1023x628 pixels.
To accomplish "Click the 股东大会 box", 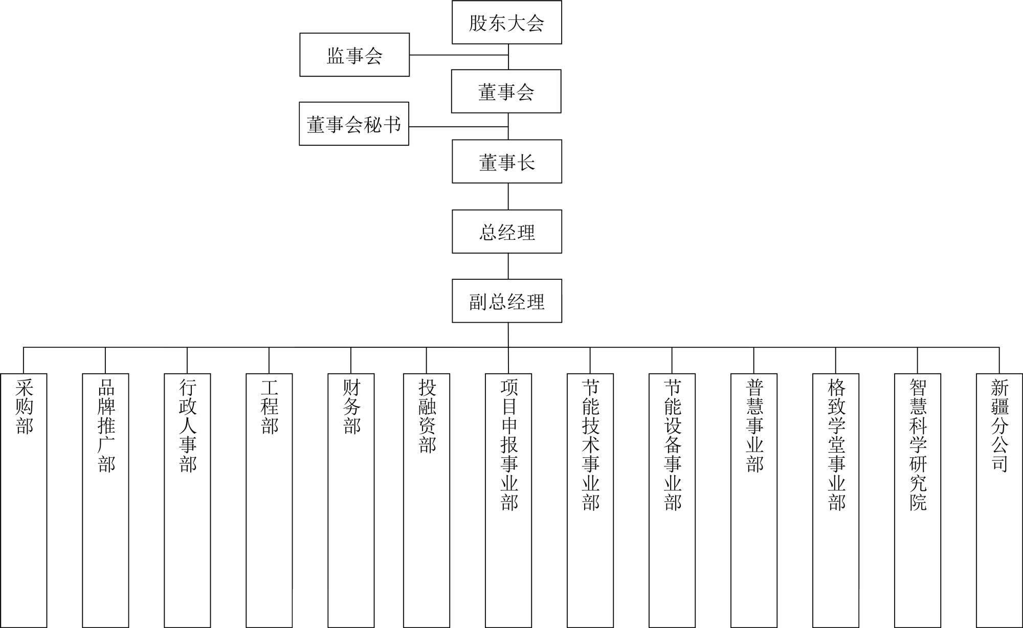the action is tap(507, 22).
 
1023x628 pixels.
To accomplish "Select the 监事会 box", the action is tap(354, 55).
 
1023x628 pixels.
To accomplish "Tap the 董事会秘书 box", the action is tap(354, 124).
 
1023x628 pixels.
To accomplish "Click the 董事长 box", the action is tap(507, 162).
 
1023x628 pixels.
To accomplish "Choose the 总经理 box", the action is tap(507, 232).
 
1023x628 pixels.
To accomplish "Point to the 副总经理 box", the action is tap(507, 301).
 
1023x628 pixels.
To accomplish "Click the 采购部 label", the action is tap(24, 407).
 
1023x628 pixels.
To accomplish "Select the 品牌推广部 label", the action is tap(106, 425).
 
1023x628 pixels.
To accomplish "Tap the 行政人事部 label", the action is tap(188, 425).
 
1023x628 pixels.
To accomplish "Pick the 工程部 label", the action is tap(270, 407).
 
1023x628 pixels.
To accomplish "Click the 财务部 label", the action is tap(351, 407).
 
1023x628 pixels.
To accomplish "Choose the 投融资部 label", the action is tap(427, 416).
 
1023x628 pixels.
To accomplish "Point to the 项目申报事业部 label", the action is tap(509, 444).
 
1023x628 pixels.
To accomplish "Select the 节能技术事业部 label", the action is tap(591, 444).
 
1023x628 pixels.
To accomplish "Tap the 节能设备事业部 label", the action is tap(673, 444).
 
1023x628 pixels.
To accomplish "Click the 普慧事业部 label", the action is tap(754, 425).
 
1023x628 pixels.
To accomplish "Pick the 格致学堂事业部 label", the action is tap(836, 444).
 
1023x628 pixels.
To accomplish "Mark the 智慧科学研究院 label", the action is tap(918, 444).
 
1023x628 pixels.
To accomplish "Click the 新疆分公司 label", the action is tap(1000, 425).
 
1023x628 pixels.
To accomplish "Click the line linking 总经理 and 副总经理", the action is tap(508, 266).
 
